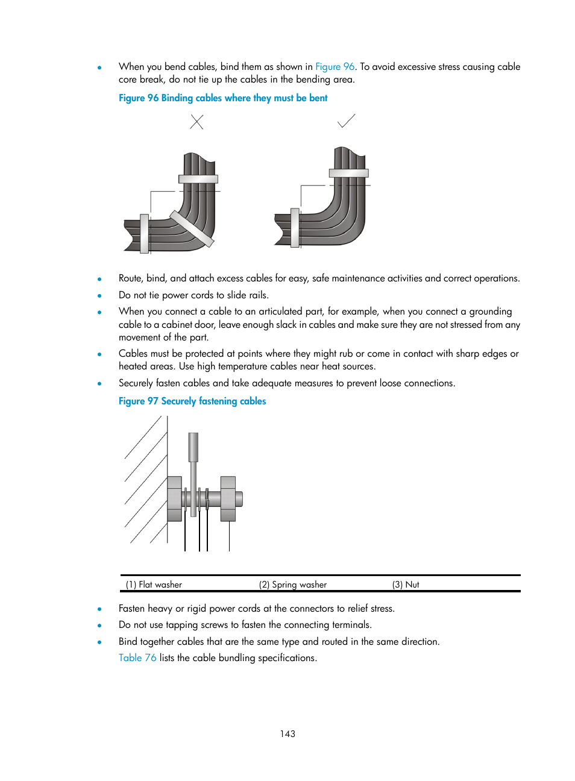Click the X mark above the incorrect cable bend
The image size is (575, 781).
(196, 122)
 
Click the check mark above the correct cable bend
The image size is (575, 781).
(346, 121)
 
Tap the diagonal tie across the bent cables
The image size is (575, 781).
(192, 228)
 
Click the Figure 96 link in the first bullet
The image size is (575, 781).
(335, 67)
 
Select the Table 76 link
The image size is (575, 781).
(137, 658)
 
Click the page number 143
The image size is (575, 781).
(287, 734)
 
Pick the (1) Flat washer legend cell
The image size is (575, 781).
(154, 585)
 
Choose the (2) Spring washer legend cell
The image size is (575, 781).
(293, 585)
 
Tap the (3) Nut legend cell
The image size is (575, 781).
(406, 585)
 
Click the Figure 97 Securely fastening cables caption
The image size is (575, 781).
(192, 401)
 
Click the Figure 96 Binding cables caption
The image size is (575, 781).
(223, 98)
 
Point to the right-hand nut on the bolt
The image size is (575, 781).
(228, 498)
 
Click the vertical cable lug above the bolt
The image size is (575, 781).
(193, 447)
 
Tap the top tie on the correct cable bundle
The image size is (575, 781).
(348, 174)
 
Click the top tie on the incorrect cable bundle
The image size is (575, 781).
(198, 179)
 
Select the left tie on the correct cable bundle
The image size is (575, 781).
(295, 227)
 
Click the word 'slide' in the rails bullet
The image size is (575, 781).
(237, 295)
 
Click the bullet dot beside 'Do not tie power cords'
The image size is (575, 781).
(99, 296)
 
